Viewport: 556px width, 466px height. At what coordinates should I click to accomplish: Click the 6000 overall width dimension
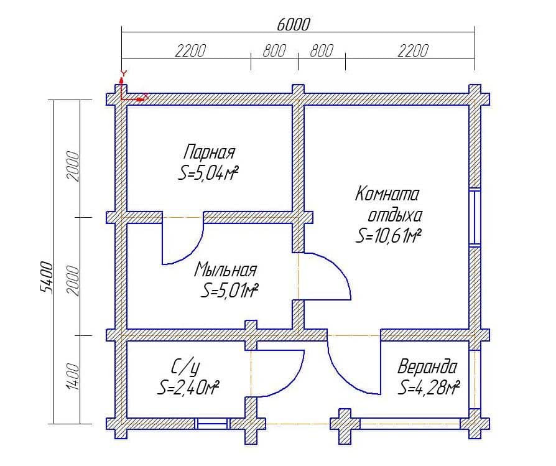pos(293,24)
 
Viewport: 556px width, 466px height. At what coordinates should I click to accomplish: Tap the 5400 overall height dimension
pos(47,277)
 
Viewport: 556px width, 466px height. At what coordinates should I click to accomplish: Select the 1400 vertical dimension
pos(73,376)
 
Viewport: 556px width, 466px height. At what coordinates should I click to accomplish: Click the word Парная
pos(209,152)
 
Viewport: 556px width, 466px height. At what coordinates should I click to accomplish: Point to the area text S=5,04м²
pos(208,174)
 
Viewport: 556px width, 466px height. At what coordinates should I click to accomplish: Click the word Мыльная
pos(225,269)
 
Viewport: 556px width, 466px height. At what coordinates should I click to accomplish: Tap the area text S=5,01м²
pos(229,291)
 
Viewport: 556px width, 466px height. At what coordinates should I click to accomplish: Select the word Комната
pos(387,194)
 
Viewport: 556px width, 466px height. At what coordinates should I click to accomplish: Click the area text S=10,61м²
pos(388,235)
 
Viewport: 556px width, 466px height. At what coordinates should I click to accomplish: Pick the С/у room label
pos(185,367)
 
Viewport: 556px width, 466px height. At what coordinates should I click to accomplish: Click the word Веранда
pos(427,366)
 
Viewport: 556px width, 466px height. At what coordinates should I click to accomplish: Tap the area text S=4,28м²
pos(429,387)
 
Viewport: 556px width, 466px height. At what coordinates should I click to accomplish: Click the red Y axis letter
pos(123,73)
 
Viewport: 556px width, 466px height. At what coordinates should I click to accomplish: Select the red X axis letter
pos(145,96)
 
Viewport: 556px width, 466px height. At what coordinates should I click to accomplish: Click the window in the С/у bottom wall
pos(213,424)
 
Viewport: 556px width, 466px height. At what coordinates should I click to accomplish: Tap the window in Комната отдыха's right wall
pos(475,218)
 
